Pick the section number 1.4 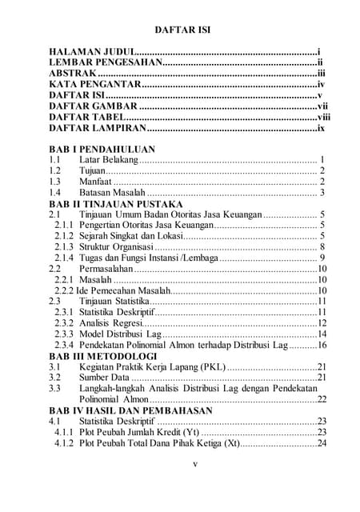(55, 193)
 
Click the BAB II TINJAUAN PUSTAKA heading (117, 204)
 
